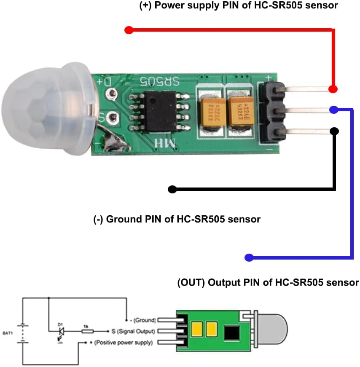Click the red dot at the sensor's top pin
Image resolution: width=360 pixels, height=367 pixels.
coord(333,89)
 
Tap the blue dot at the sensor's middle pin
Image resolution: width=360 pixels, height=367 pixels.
coord(333,110)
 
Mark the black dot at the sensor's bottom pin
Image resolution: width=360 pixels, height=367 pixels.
coord(334,131)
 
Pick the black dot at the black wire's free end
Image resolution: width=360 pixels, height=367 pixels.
coord(172,189)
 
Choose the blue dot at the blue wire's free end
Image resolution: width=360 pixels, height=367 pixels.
coord(249,257)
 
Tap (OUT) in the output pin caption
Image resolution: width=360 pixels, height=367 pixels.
coord(191,282)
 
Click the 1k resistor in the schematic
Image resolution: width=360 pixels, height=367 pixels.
coord(87,332)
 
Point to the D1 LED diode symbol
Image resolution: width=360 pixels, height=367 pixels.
coord(61,332)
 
